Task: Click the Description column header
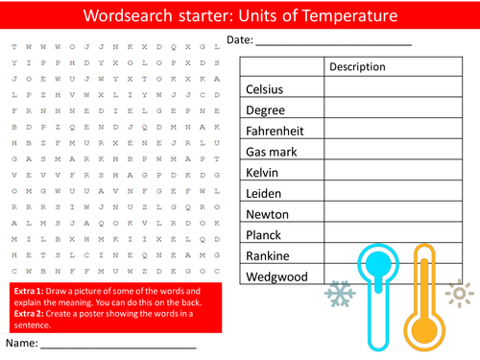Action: tap(357, 67)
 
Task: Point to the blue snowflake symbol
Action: tap(340, 294)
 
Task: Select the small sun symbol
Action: tap(461, 294)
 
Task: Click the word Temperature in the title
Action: tap(348, 17)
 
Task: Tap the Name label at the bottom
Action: tap(22, 342)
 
